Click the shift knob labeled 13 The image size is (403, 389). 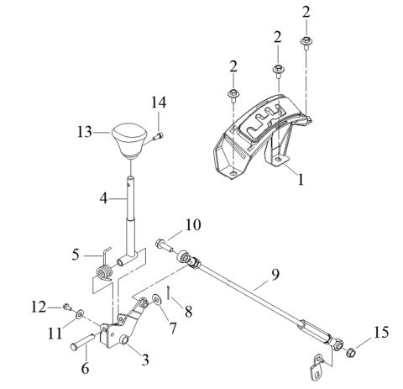point(129,140)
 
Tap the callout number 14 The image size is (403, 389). point(159,103)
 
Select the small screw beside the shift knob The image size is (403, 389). point(158,136)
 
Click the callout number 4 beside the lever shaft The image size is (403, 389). point(103,199)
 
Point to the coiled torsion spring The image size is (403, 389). point(104,273)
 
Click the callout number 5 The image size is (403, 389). point(76,255)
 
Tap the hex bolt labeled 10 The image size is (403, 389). point(164,245)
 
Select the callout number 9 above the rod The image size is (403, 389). point(275,275)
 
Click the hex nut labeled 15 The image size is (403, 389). point(351,352)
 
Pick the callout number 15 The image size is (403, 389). point(380,333)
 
